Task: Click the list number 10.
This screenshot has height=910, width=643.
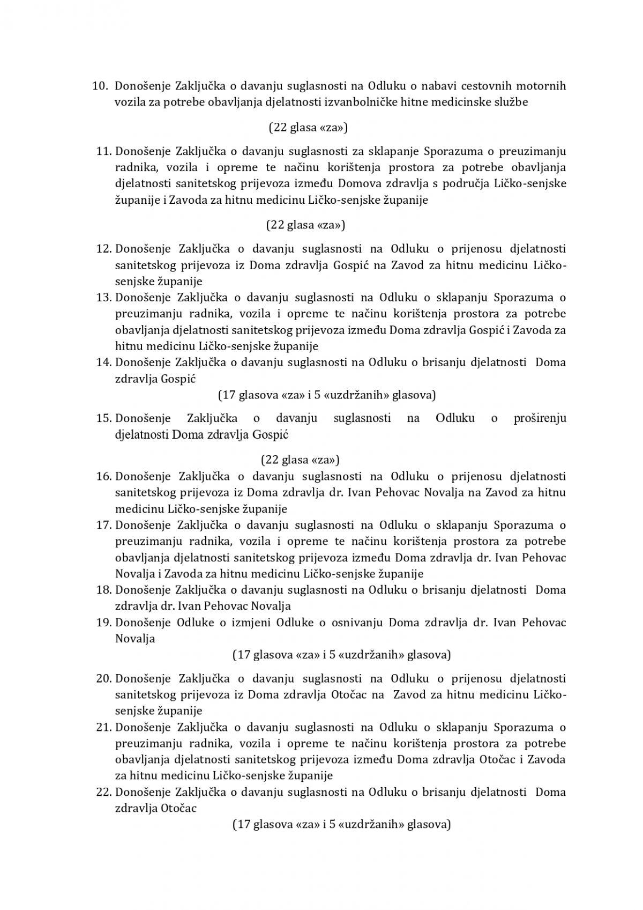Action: [x=100, y=86]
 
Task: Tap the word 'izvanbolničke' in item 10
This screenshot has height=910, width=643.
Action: [x=361, y=102]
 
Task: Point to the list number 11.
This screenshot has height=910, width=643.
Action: [x=103, y=151]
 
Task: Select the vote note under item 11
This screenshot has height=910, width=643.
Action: [x=305, y=225]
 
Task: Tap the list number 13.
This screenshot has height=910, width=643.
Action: [x=103, y=297]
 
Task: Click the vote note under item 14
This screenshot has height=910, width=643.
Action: [x=327, y=395]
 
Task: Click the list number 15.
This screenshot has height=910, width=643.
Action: [x=103, y=418]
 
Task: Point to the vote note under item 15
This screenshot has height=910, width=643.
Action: [x=300, y=460]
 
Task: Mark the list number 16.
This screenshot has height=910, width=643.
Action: [x=103, y=476]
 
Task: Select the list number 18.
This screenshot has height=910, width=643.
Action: [x=103, y=590]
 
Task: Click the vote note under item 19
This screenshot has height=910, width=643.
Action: [x=341, y=655]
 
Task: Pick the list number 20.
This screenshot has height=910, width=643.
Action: [x=103, y=678]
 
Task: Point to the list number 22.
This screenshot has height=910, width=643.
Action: [x=103, y=792]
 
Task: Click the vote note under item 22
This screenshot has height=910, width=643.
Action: [x=341, y=825]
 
